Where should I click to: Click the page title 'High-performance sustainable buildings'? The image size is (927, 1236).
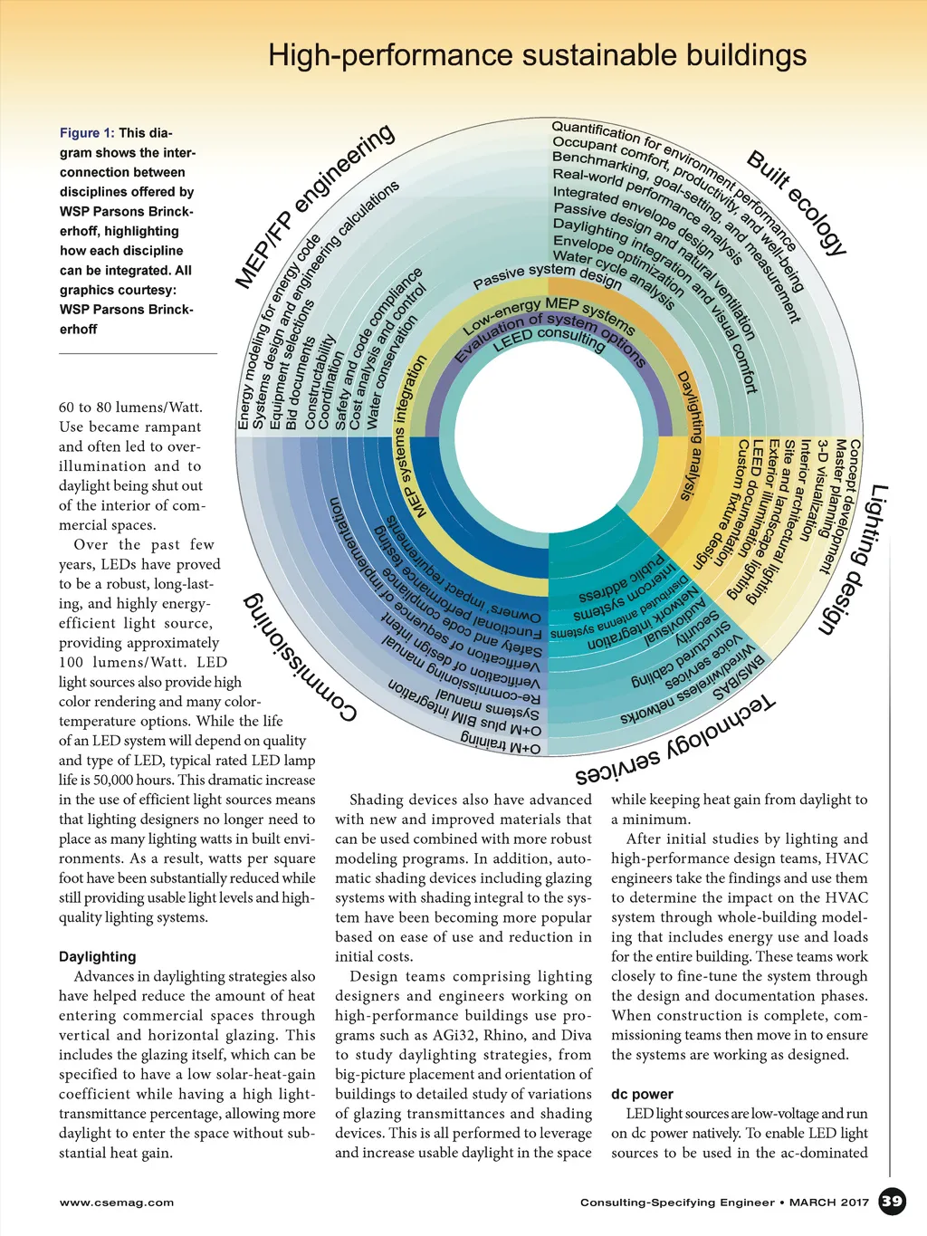[537, 56]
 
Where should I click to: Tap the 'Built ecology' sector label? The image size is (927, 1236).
[797, 204]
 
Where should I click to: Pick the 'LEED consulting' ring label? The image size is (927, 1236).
[549, 339]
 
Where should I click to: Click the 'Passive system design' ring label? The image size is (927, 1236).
[547, 275]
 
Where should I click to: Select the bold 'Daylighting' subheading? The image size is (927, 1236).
[98, 957]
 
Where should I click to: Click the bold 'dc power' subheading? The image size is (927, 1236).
[642, 1094]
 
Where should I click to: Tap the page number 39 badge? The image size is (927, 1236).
[892, 1202]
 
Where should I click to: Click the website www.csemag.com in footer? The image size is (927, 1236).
[117, 1202]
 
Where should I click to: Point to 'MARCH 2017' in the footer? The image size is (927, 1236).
[829, 1202]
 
